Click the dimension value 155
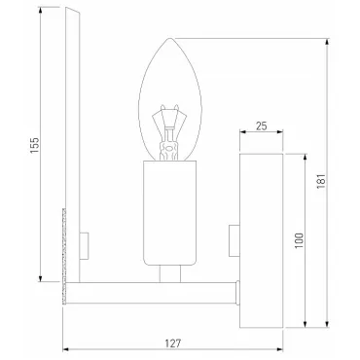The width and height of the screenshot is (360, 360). coord(35,145)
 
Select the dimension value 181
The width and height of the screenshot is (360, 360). coord(321,181)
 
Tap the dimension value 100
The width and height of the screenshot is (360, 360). coord(299,240)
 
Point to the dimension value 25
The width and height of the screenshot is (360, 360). coord(262,126)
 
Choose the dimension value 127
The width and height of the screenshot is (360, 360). coord(173,343)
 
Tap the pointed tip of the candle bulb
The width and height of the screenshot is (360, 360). coord(169,38)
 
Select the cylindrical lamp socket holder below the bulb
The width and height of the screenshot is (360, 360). coord(170,213)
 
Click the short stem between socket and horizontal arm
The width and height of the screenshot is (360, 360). coord(170,273)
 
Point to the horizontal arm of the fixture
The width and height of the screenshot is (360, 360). coord(151,293)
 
